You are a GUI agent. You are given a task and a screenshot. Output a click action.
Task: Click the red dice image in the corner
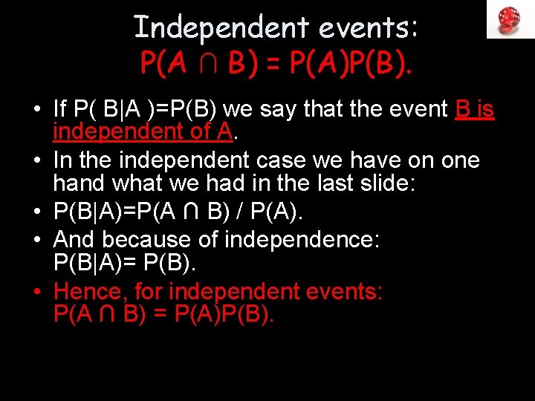[x=510, y=19]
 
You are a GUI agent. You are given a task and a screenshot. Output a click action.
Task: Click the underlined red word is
[x=485, y=110]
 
